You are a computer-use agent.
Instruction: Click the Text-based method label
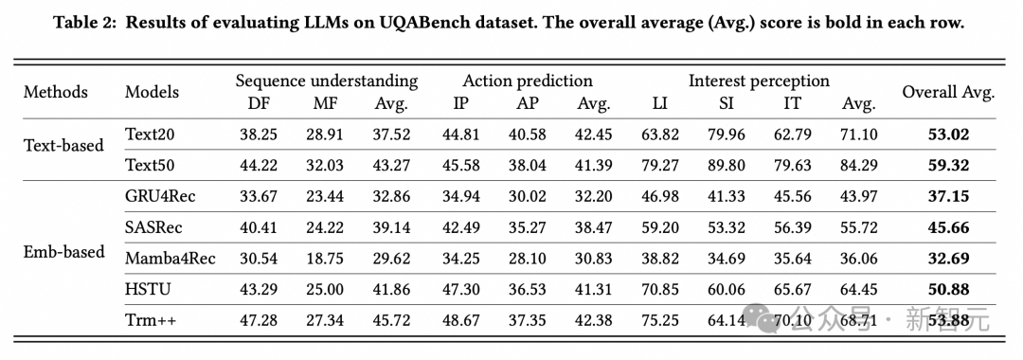(x=63, y=145)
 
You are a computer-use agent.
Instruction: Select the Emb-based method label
(x=64, y=252)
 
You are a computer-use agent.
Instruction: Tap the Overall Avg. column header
(x=948, y=92)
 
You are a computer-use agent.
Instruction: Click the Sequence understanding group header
(x=326, y=81)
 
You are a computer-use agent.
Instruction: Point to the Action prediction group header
(x=528, y=81)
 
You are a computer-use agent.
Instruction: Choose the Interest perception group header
(x=759, y=81)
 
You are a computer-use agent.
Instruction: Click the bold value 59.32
(x=948, y=165)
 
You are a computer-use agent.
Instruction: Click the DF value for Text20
(x=259, y=135)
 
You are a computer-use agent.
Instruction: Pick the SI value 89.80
(x=727, y=165)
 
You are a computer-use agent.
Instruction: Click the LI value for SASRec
(x=660, y=226)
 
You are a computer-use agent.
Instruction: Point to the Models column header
(x=152, y=92)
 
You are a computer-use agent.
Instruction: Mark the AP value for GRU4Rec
(x=528, y=196)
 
